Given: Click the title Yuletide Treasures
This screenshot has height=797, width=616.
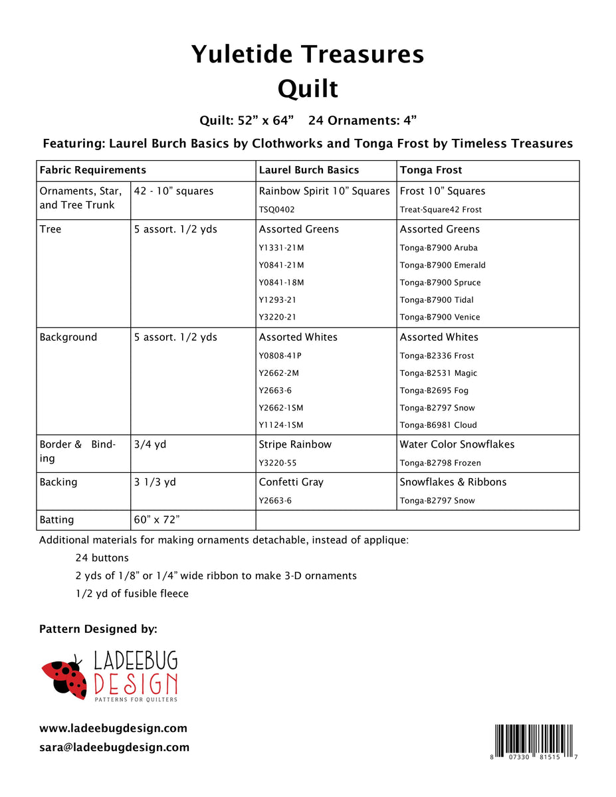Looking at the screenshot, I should (x=308, y=54).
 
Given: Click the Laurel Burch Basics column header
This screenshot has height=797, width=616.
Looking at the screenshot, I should (x=308, y=170).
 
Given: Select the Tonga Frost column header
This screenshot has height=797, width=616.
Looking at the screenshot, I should (x=431, y=170).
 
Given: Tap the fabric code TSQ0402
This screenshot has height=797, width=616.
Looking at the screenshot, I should (x=276, y=210).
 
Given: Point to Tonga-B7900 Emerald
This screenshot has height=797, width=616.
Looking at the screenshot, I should (x=443, y=265).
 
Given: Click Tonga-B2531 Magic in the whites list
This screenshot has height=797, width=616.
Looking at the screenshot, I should (x=438, y=373).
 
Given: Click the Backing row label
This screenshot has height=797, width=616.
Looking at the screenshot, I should (x=58, y=482).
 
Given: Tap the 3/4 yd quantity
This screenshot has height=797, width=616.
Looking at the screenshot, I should (x=150, y=444).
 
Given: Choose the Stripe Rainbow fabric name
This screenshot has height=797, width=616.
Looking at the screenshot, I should (x=295, y=444).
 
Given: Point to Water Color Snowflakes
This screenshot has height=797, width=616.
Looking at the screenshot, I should (x=457, y=444).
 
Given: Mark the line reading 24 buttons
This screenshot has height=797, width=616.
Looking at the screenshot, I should (x=102, y=558).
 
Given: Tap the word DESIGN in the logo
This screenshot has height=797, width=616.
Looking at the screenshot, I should (x=136, y=684).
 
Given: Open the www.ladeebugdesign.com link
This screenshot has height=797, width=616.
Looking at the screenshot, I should (x=113, y=729).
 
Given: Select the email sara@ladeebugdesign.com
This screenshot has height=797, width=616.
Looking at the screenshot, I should (x=114, y=747).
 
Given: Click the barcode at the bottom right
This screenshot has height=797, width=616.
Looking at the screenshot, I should (x=535, y=743).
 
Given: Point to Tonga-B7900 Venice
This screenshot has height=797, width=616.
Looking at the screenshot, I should (x=439, y=317).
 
